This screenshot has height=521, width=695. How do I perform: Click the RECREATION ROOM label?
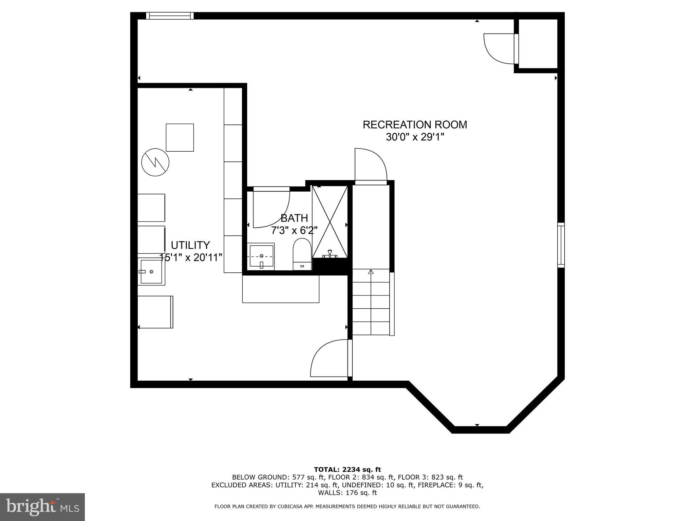pyautogui.click(x=415, y=125)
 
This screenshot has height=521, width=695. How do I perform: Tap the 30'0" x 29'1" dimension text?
pyautogui.click(x=415, y=137)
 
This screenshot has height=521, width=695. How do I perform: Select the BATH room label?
pyautogui.click(x=294, y=218)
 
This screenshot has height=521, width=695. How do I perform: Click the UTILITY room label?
pyautogui.click(x=190, y=245)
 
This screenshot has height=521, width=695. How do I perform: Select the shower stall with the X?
pyautogui.click(x=330, y=222)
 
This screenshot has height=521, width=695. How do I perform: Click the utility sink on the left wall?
pyautogui.click(x=151, y=272)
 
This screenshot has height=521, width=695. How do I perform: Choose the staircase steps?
pyautogui.click(x=371, y=302)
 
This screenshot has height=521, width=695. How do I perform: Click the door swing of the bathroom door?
pyautogui.click(x=271, y=207)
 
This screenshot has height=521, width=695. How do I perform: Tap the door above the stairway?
pyautogui.click(x=371, y=166)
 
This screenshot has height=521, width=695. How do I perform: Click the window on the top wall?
pyautogui.click(x=170, y=16)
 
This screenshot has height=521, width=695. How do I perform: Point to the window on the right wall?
pyautogui.click(x=561, y=245)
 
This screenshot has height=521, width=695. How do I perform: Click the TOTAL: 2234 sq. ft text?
pyautogui.click(x=347, y=469)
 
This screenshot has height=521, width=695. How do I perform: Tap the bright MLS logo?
pyautogui.click(x=42, y=507)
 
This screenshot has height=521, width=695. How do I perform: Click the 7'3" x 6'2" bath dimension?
pyautogui.click(x=294, y=231)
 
